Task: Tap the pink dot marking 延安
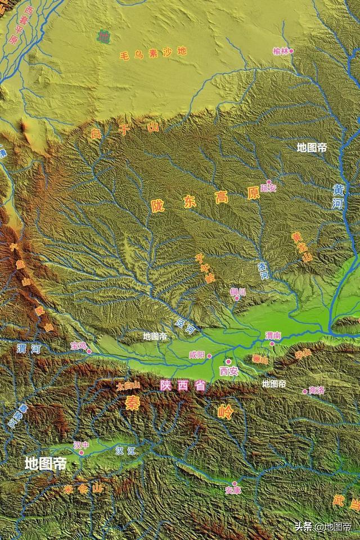(269, 182)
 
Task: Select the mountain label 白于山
(125, 132)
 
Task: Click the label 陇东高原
(205, 199)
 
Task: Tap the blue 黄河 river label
(338, 196)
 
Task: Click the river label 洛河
(263, 271)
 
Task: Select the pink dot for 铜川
(237, 298)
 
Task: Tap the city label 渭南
(273, 335)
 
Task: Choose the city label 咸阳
(197, 355)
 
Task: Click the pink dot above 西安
(228, 361)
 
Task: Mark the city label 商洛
(317, 390)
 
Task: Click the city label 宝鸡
(78, 345)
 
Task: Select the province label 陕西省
(182, 386)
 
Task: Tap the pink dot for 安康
(235, 483)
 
